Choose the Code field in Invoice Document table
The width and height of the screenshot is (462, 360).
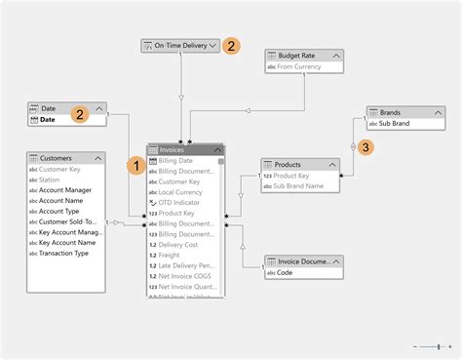(x=289, y=273)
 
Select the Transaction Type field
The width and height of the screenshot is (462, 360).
(x=64, y=254)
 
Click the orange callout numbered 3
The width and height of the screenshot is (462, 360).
(x=366, y=147)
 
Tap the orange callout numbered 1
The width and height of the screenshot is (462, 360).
(x=137, y=166)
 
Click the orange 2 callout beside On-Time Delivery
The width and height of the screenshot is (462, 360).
(x=231, y=45)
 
